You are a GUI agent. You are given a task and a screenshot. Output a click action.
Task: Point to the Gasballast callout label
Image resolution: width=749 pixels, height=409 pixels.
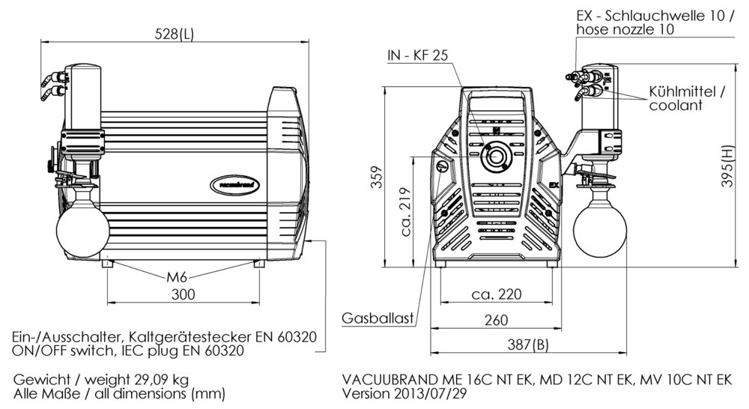pos(379,318)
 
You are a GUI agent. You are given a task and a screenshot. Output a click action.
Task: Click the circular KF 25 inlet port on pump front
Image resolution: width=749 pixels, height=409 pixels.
pos(494,156)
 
